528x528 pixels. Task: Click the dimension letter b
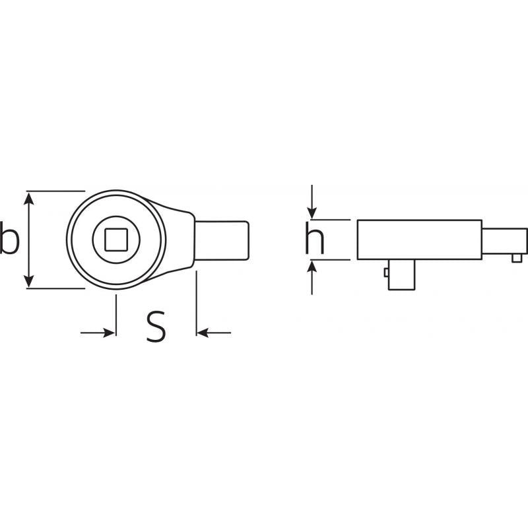pos(9,237)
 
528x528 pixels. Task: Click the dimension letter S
pos(156,326)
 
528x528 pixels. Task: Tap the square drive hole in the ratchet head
pos(116,240)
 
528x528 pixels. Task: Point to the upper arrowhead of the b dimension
pos(29,199)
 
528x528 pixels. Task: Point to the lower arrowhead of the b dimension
pos(29,281)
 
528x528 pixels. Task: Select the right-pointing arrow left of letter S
pos(98,333)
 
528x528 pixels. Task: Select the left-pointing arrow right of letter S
pos(214,333)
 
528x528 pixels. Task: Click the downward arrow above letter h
pos(312,202)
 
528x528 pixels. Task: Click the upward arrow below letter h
pos(312,278)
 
